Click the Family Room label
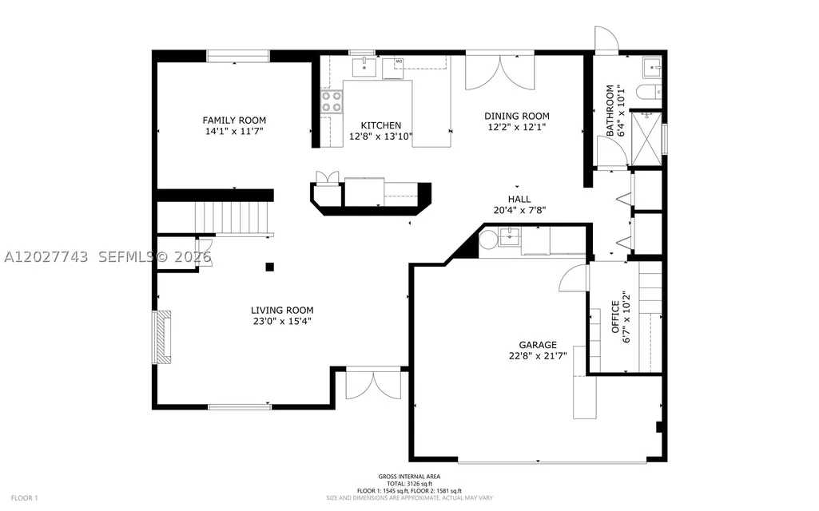234,120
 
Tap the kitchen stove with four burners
331,101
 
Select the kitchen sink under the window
364,67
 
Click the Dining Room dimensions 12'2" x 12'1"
517,127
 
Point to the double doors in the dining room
500,72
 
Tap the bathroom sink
652,68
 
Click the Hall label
519,199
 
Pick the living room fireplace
161,337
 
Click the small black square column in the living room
269,267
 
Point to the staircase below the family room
233,219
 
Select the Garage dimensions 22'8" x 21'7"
538,356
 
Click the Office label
615,317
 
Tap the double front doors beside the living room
374,383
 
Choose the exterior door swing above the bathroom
606,39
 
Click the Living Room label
282,310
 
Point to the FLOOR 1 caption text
25,498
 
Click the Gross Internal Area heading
409,476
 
